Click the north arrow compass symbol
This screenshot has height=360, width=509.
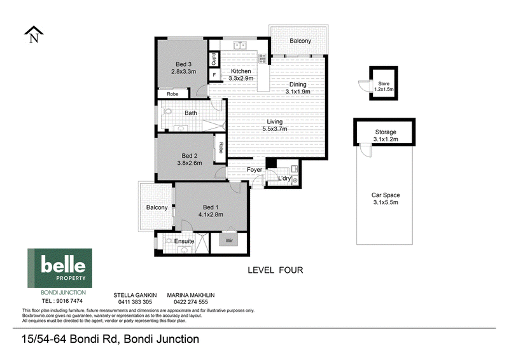pyautogui.click(x=34, y=34)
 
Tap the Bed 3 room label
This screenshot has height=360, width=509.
pyautogui.click(x=183, y=64)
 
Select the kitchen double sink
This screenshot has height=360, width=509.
pyautogui.click(x=240, y=45)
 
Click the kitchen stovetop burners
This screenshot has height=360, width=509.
pyautogui.click(x=263, y=59)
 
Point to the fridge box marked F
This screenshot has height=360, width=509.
pyautogui.click(x=214, y=75)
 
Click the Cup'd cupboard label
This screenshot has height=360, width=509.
pyautogui.click(x=214, y=59)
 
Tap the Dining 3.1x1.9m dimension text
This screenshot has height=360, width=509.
pyautogui.click(x=298, y=92)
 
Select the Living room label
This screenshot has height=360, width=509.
pyautogui.click(x=275, y=121)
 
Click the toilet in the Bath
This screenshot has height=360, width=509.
pyautogui.click(x=167, y=111)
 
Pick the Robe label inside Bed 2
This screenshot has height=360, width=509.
pyautogui.click(x=221, y=148)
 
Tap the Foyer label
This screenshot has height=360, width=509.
pyautogui.click(x=254, y=169)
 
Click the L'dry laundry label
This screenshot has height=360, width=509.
pyautogui.click(x=284, y=178)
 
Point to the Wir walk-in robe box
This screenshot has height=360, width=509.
pyautogui.click(x=229, y=240)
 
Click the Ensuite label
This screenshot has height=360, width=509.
pyautogui.click(x=184, y=241)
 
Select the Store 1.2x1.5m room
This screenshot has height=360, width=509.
pyautogui.click(x=384, y=83)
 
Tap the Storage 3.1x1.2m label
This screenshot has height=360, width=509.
pyautogui.click(x=386, y=135)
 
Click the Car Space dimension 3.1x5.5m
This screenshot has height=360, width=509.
pyautogui.click(x=386, y=202)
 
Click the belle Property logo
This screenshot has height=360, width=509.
pyautogui.click(x=60, y=268)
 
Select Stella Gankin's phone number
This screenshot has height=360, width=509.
pyautogui.click(x=135, y=302)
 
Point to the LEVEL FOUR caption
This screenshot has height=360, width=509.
pyautogui.click(x=275, y=270)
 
